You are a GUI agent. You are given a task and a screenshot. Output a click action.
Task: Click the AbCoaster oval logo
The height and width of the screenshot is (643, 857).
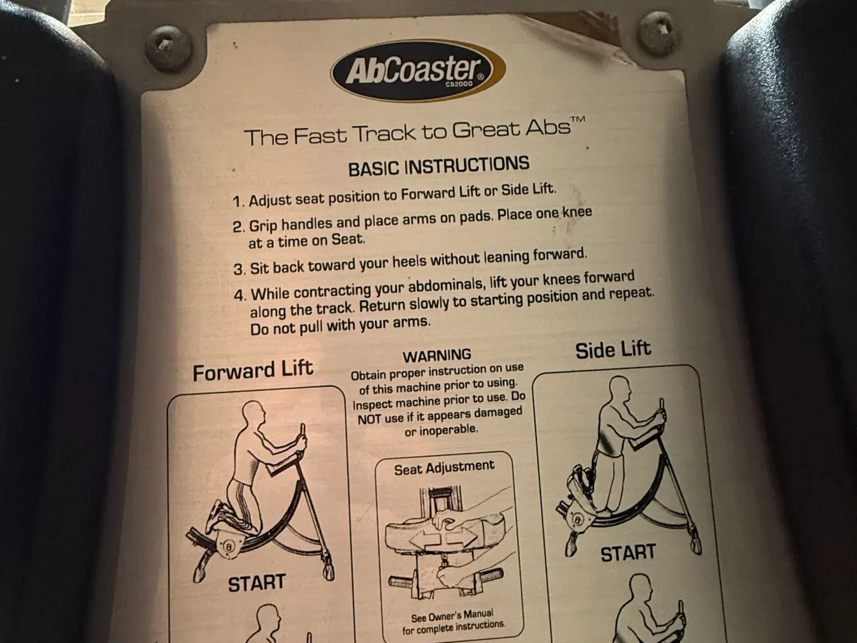[x=418, y=71]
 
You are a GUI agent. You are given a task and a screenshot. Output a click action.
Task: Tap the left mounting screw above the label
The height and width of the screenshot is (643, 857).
[x=169, y=48]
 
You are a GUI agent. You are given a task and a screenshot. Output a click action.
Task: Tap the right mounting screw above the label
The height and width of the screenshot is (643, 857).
[x=658, y=33]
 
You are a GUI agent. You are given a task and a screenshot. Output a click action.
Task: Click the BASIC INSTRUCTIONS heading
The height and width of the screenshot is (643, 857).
[x=439, y=166]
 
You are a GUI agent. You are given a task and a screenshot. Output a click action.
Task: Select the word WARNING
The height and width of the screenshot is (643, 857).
[x=437, y=356]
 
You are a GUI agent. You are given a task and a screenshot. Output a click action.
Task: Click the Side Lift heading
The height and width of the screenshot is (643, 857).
[x=613, y=350]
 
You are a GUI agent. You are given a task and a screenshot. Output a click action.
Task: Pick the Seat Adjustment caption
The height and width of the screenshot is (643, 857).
[x=445, y=468]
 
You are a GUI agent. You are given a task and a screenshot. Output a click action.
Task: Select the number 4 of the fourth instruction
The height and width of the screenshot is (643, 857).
[x=238, y=295]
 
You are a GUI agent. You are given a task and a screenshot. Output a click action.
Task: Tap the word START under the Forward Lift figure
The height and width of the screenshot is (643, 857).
[x=257, y=583]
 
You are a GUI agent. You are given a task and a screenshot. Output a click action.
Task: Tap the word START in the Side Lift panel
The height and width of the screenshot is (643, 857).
[x=628, y=553]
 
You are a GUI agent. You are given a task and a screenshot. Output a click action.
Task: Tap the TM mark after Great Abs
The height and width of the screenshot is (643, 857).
[x=577, y=119]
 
